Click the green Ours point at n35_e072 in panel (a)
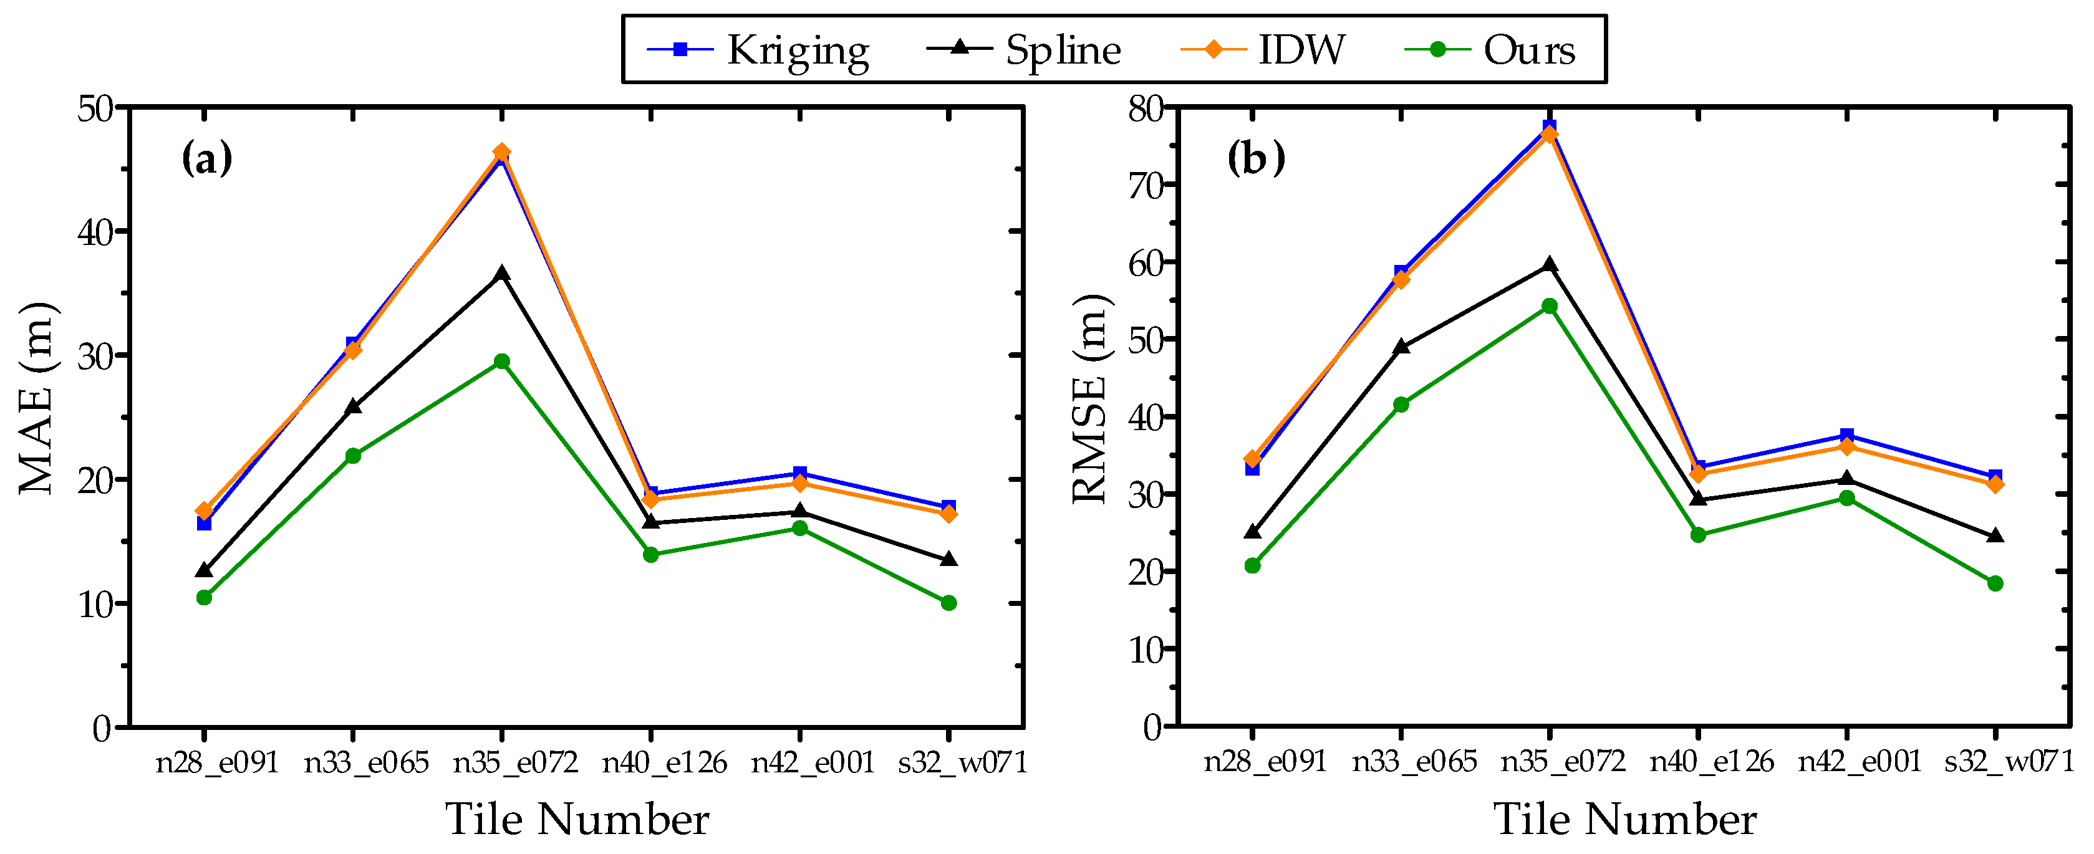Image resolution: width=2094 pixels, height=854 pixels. click(x=501, y=362)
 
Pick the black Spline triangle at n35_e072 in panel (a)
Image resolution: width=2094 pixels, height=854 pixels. click(x=501, y=274)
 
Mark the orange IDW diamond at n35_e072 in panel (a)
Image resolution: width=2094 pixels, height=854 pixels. click(x=501, y=152)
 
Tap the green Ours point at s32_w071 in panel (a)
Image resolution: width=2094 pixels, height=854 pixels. click(x=948, y=603)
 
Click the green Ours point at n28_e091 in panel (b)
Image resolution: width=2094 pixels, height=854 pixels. click(x=1252, y=565)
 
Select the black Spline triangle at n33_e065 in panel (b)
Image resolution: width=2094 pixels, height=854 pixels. click(x=1401, y=347)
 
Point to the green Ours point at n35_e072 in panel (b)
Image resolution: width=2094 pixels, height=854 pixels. click(x=1550, y=306)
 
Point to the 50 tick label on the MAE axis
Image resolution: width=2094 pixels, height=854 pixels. click(x=96, y=108)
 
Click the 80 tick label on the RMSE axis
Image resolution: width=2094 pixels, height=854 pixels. click(x=1146, y=108)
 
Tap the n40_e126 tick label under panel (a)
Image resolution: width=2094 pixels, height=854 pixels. click(x=664, y=762)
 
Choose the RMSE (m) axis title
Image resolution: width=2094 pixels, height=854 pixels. click(x=1089, y=398)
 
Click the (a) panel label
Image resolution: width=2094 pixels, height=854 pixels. click(x=206, y=158)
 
